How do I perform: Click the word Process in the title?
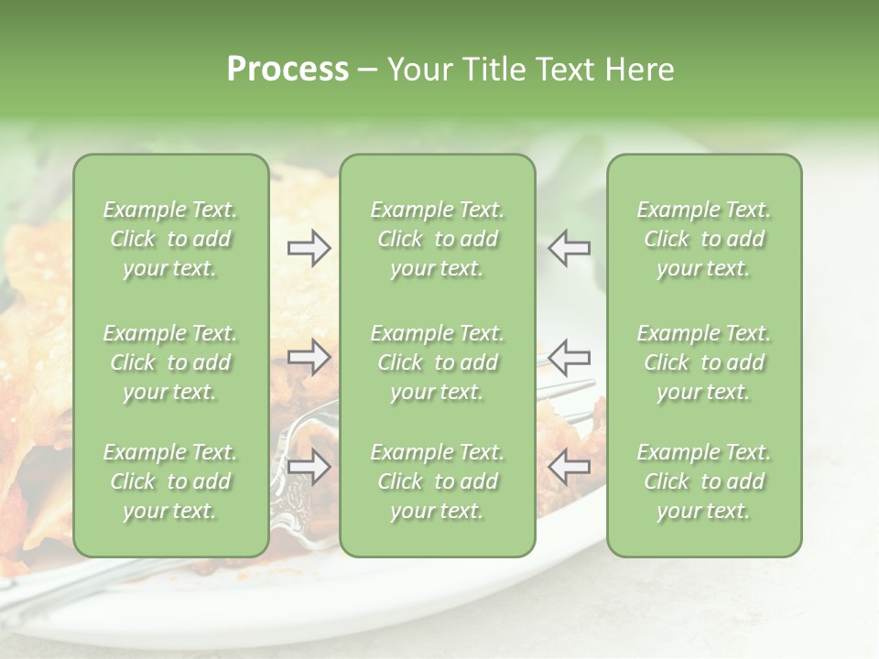tap(288, 69)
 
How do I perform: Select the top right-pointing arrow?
tap(309, 248)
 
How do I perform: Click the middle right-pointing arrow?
tap(309, 357)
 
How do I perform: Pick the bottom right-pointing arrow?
tap(309, 468)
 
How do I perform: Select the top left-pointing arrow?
tap(570, 248)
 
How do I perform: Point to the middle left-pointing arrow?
tap(570, 357)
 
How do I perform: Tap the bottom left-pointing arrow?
tap(570, 468)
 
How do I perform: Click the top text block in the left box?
tap(170, 239)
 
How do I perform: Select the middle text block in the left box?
tap(170, 362)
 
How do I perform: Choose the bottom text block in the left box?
tap(170, 481)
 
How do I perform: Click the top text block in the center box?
tap(437, 239)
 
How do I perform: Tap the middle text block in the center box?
tap(437, 362)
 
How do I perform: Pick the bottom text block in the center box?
tap(437, 481)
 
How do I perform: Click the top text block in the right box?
tap(704, 239)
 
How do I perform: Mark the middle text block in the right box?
tap(704, 362)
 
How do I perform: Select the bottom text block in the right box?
tap(704, 481)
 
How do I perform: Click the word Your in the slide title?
tap(417, 69)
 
